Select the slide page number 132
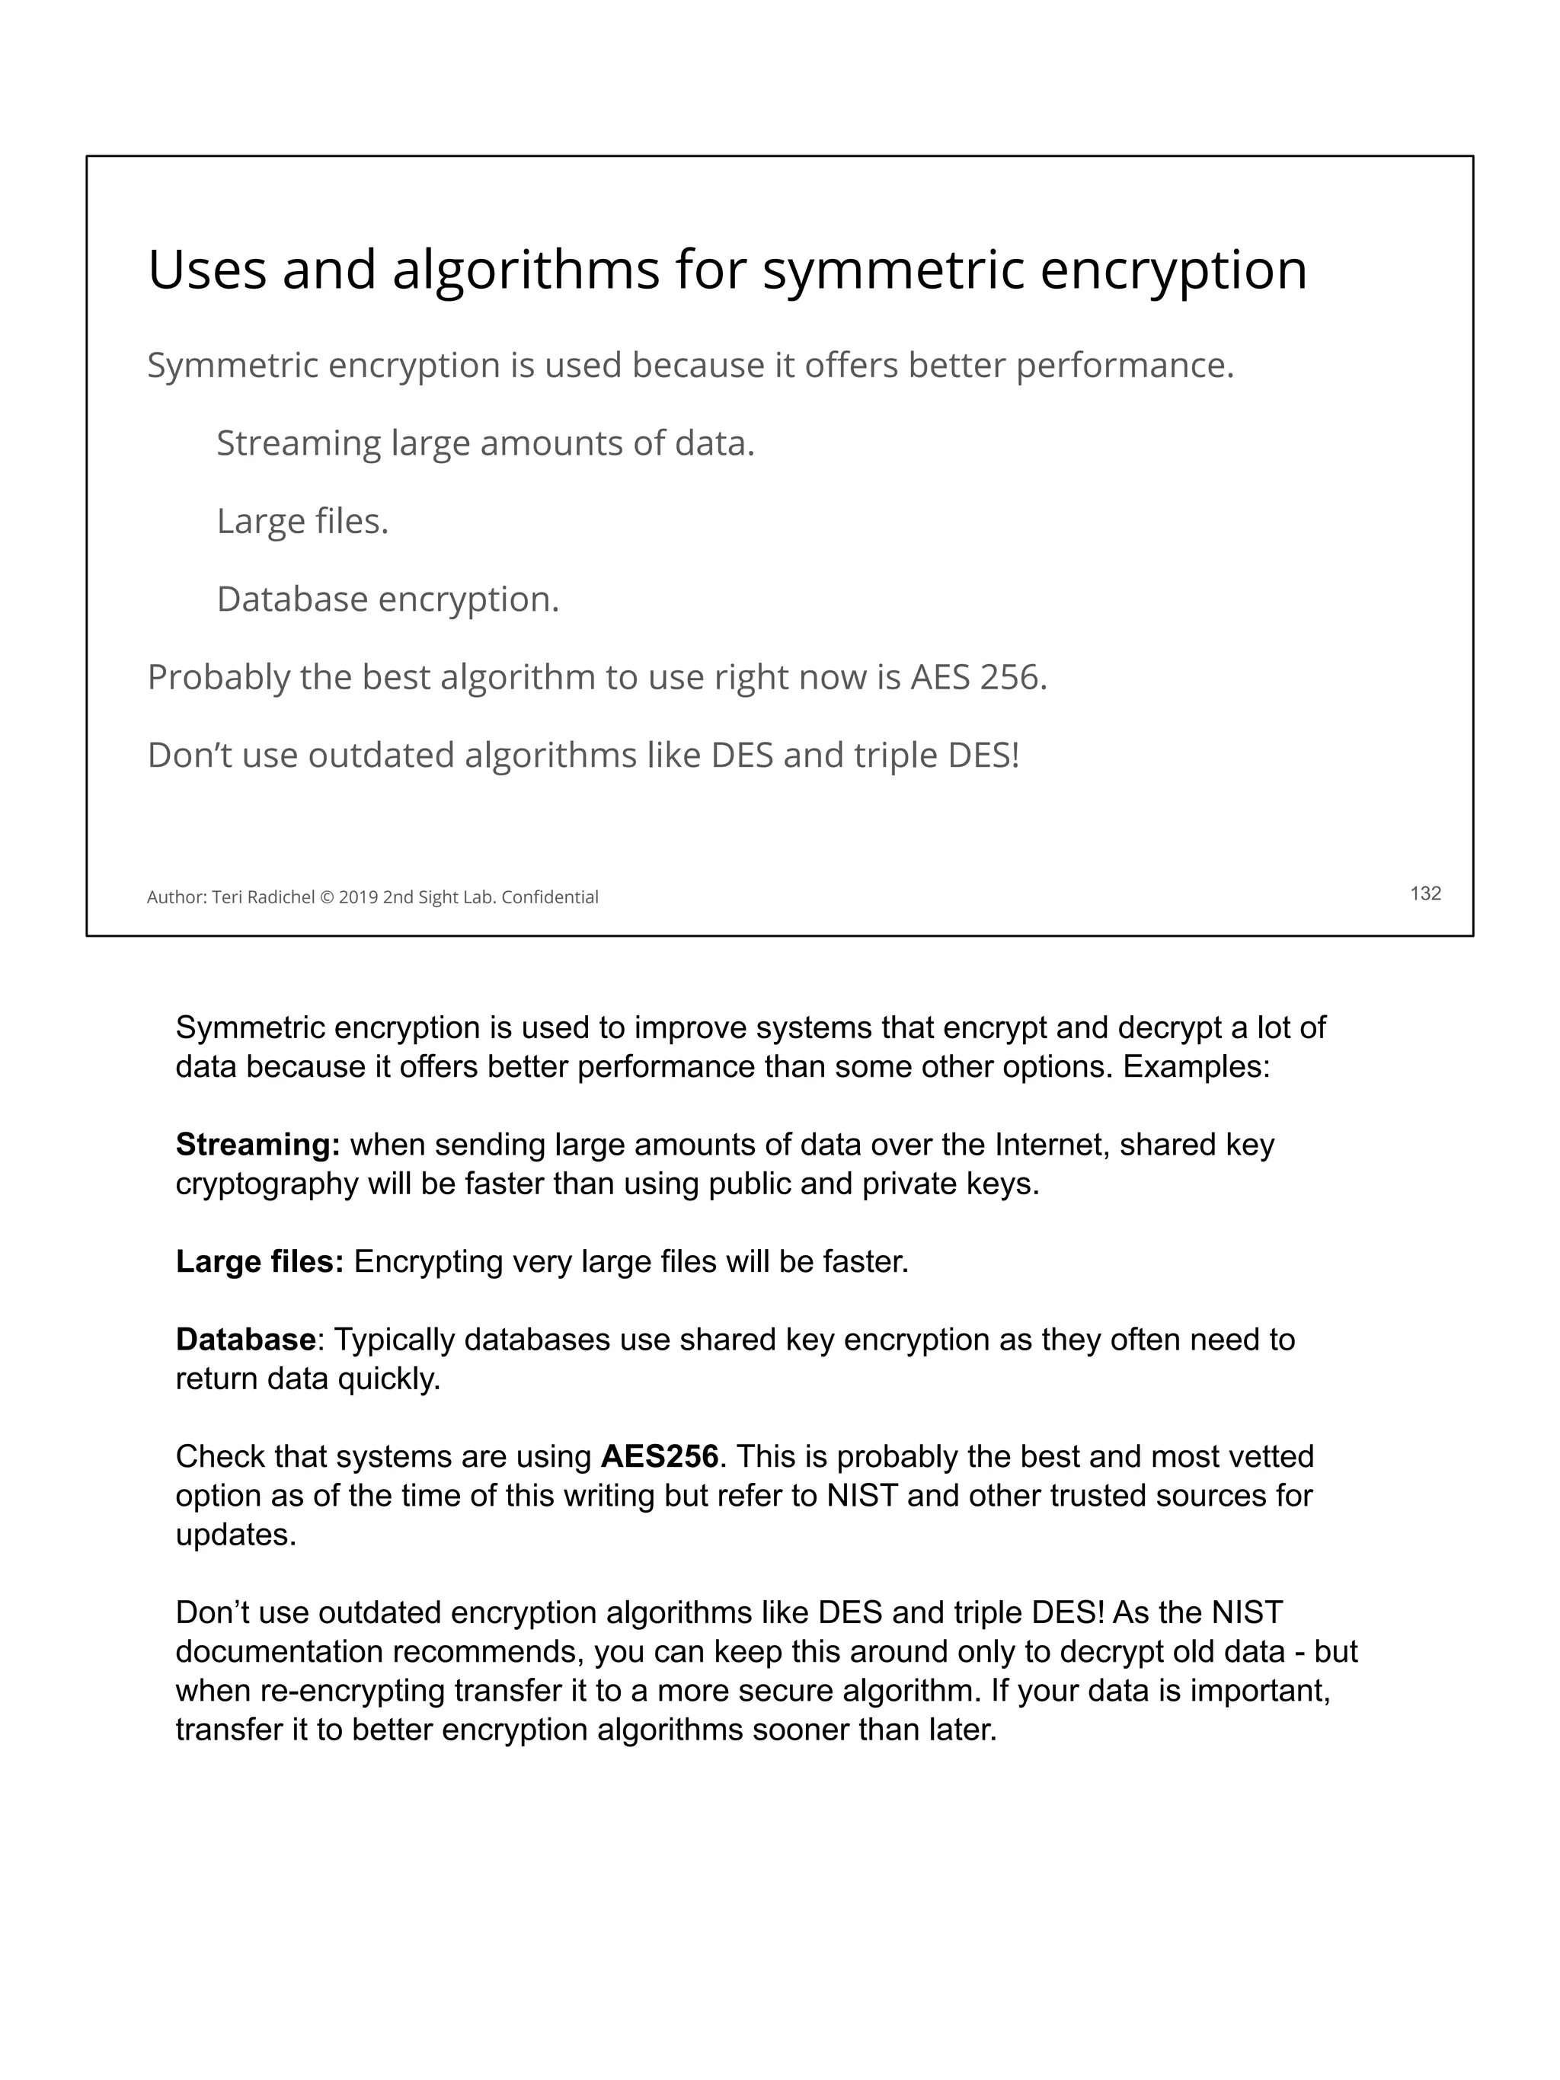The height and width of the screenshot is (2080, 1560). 1425,893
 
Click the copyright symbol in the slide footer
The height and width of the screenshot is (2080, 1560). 328,898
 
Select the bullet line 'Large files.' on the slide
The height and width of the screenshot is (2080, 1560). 302,521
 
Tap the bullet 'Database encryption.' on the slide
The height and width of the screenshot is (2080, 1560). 388,599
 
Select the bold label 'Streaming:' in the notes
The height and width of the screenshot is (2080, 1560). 257,1145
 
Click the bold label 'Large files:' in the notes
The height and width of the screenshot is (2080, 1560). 260,1261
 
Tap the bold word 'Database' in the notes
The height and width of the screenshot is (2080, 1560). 245,1339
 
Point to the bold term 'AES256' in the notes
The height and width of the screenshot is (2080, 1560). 659,1456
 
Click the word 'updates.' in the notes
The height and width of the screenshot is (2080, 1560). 235,1535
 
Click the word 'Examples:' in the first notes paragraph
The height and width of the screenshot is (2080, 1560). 1196,1067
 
